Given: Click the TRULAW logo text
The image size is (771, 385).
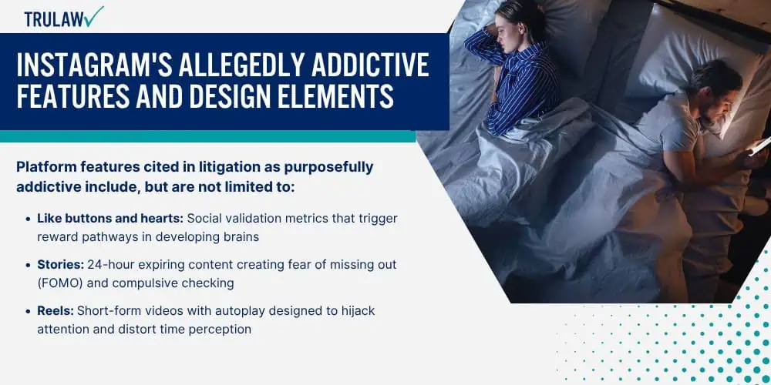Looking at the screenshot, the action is (x=53, y=19).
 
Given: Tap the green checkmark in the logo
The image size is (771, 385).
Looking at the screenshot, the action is (x=93, y=16).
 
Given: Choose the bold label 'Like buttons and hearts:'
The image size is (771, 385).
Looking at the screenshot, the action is (x=109, y=219).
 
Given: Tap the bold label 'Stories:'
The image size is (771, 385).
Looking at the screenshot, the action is (x=61, y=265).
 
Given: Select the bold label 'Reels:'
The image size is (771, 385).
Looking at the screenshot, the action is (x=56, y=311).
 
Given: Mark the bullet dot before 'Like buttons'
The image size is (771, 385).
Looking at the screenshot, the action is (x=28, y=219).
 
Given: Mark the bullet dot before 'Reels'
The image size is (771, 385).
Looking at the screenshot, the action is (x=28, y=311).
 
